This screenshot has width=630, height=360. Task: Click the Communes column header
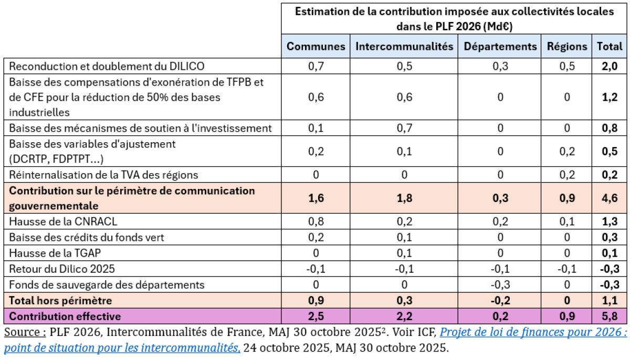pyautogui.click(x=316, y=46)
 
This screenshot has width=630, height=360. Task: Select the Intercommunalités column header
pyautogui.click(x=404, y=46)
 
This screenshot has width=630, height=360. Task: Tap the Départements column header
pyautogui.click(x=500, y=46)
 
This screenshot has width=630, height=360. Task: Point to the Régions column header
pyautogui.click(x=567, y=46)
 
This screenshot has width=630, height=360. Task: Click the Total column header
pyautogui.click(x=610, y=46)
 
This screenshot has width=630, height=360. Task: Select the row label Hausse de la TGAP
pyautogui.click(x=55, y=253)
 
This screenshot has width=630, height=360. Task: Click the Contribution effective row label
pyautogui.click(x=65, y=316)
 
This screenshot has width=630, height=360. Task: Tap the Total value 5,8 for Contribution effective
pyautogui.click(x=610, y=316)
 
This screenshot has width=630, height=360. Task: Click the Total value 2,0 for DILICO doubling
pyautogui.click(x=610, y=66)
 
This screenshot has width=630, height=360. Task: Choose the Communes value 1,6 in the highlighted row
pyautogui.click(x=316, y=198)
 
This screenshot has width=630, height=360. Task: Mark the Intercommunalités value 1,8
pyautogui.click(x=404, y=198)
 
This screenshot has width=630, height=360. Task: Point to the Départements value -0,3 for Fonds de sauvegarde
pyautogui.click(x=500, y=285)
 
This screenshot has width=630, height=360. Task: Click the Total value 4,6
pyautogui.click(x=610, y=198)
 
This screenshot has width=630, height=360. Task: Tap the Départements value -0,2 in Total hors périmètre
pyautogui.click(x=500, y=301)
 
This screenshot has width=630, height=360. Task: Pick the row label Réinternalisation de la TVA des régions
pyautogui.click(x=104, y=174)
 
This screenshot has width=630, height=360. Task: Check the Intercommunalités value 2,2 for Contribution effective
pyautogui.click(x=404, y=316)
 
